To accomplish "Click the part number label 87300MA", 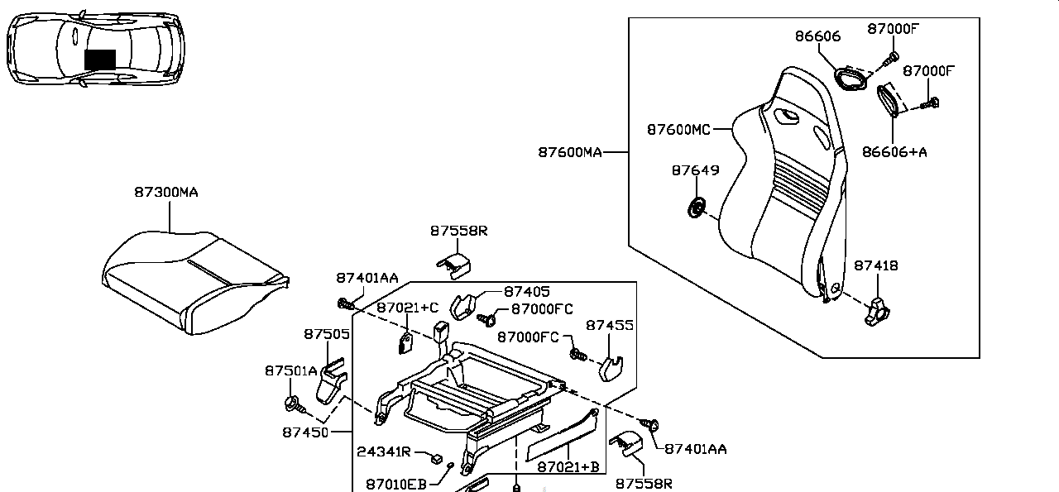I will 166,192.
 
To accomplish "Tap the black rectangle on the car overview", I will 100,60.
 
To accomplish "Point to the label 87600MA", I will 569,152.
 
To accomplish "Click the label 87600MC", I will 678,130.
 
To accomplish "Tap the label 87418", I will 875,265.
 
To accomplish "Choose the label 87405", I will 526,292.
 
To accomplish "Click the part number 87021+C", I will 407,308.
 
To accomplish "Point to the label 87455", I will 610,326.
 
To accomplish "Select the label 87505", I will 326,334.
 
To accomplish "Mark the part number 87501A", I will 290,371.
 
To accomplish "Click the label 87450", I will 304,432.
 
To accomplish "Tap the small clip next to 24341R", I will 436,456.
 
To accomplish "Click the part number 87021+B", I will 568,467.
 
